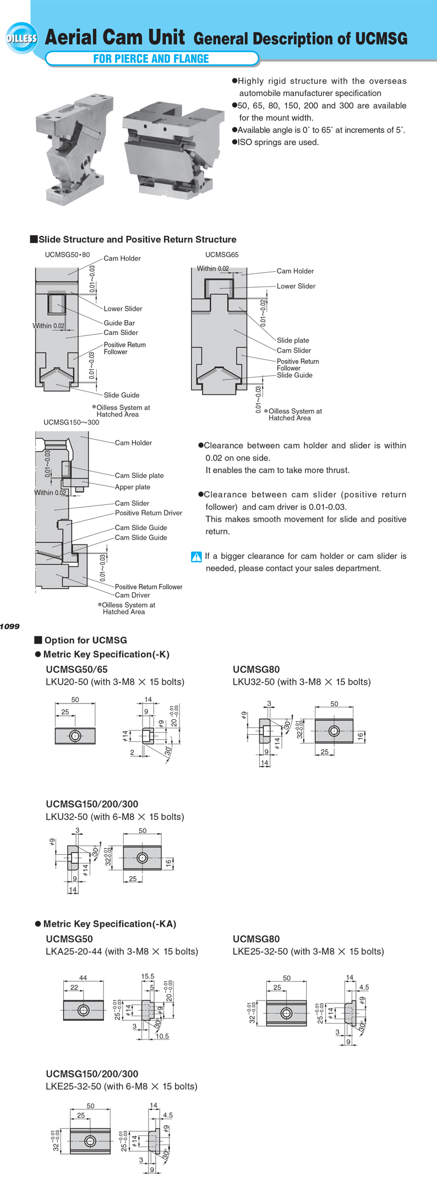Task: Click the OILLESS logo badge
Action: [21, 38]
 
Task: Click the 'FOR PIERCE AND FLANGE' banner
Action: [151, 59]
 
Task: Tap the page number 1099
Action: [10, 626]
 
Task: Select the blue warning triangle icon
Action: [196, 557]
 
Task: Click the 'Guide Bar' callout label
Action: [119, 323]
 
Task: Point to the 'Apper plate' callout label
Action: [132, 487]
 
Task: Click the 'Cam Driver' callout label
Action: [132, 595]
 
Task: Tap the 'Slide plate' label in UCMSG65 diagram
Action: [293, 340]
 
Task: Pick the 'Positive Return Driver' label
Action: [148, 513]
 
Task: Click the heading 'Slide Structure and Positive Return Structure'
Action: [137, 239]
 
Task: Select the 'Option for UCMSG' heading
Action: [85, 640]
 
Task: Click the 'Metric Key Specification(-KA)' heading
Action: [110, 924]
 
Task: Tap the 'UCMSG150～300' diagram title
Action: [72, 422]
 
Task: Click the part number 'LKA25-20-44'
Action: [74, 952]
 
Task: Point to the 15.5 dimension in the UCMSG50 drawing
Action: [148, 976]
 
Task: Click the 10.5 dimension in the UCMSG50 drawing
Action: [162, 1036]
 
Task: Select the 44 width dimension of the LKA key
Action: [83, 977]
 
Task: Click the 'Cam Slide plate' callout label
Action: [139, 475]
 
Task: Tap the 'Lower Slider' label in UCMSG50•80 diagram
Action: [123, 309]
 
